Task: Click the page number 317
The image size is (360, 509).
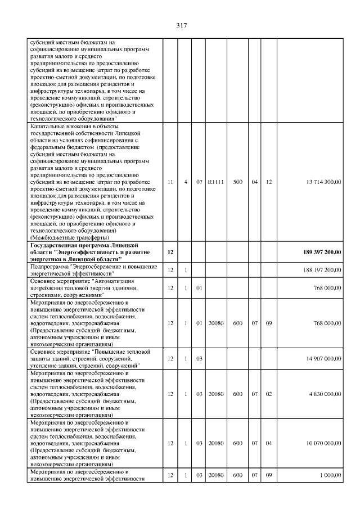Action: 181,25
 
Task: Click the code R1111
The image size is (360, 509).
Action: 215,182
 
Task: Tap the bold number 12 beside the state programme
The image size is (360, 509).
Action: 170,251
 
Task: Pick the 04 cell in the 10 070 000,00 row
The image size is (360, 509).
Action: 269,443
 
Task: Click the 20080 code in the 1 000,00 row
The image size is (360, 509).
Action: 215,475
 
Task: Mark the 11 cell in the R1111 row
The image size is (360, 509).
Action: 170,182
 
